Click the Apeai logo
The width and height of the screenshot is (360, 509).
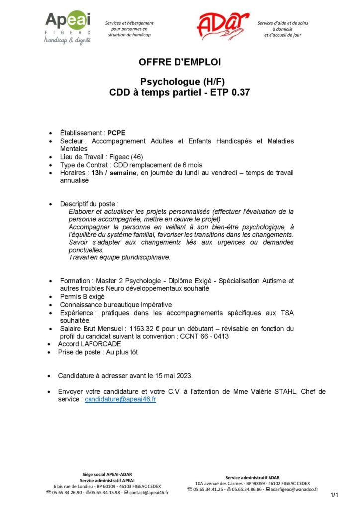[68, 27]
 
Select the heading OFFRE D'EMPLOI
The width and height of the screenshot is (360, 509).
[180, 62]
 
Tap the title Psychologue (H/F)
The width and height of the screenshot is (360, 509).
[180, 81]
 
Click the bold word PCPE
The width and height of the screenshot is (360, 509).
[117, 133]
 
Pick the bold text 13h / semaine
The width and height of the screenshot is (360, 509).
[111, 173]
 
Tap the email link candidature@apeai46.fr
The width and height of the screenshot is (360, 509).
[120, 399]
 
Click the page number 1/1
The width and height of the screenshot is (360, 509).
[334, 495]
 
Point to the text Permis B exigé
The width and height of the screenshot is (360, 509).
[83, 296]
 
